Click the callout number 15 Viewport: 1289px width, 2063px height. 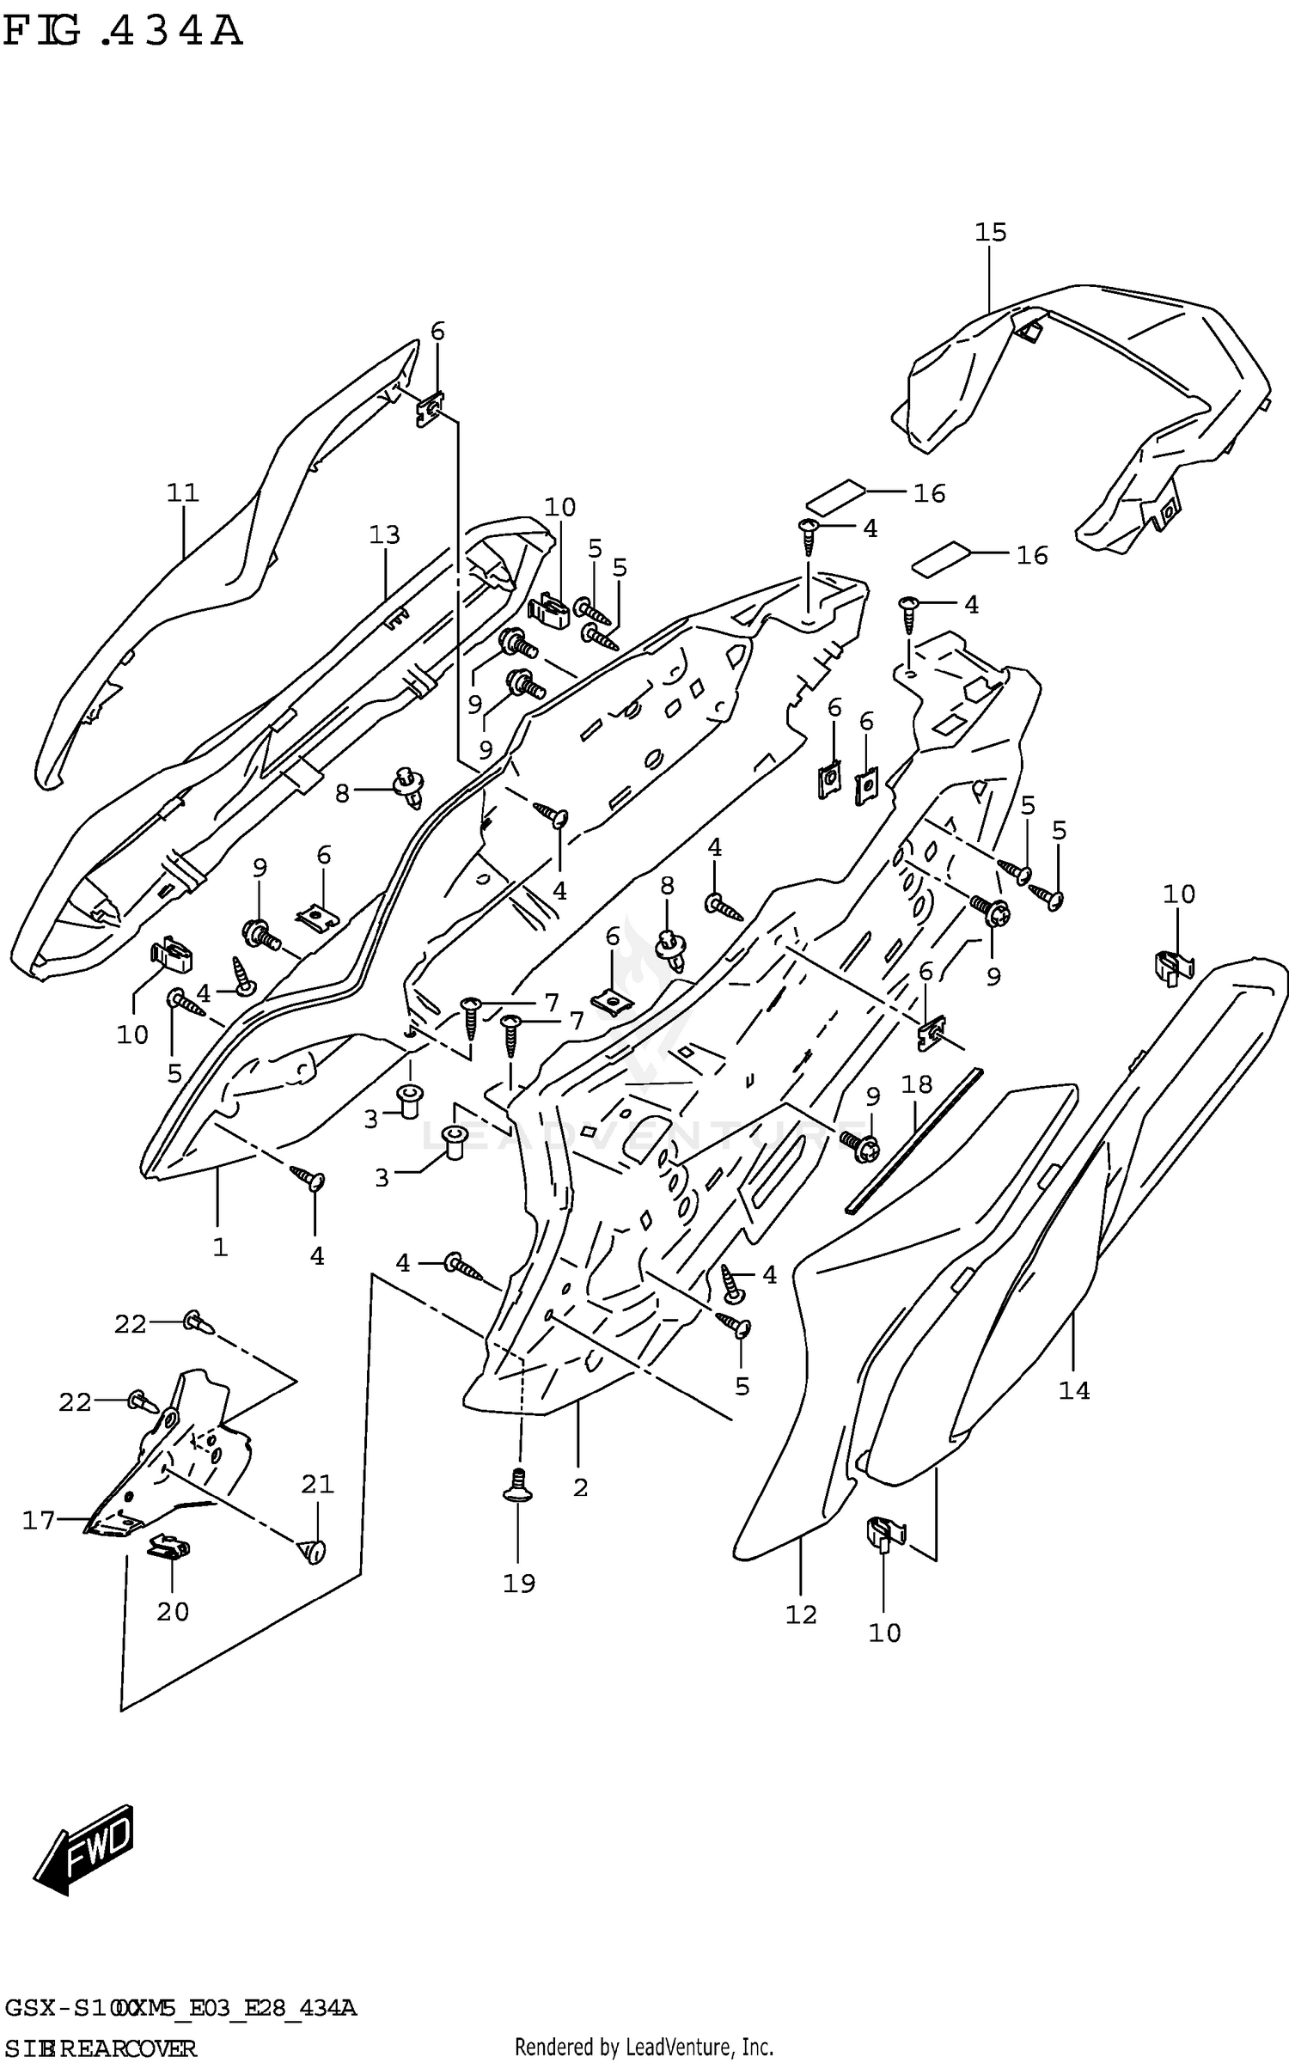pyautogui.click(x=990, y=232)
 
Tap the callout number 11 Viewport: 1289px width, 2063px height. pyautogui.click(x=183, y=492)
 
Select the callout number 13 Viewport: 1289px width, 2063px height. pyautogui.click(x=384, y=535)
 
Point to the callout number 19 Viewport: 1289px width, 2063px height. pyautogui.click(x=519, y=1583)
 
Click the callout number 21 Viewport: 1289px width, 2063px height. pyautogui.click(x=317, y=1484)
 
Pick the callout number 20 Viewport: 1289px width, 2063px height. pyautogui.click(x=173, y=1611)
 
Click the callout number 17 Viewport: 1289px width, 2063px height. pyautogui.click(x=39, y=1521)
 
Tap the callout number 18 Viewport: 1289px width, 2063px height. pyautogui.click(x=917, y=1084)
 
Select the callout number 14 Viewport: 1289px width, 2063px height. pyautogui.click(x=1074, y=1390)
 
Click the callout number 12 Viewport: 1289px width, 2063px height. pyautogui.click(x=801, y=1615)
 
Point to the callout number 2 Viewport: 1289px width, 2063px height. pyautogui.click(x=581, y=1488)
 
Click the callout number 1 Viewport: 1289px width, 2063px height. pyautogui.click(x=220, y=1247)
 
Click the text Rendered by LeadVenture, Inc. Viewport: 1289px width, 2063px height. pyautogui.click(x=644, y=2047)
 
